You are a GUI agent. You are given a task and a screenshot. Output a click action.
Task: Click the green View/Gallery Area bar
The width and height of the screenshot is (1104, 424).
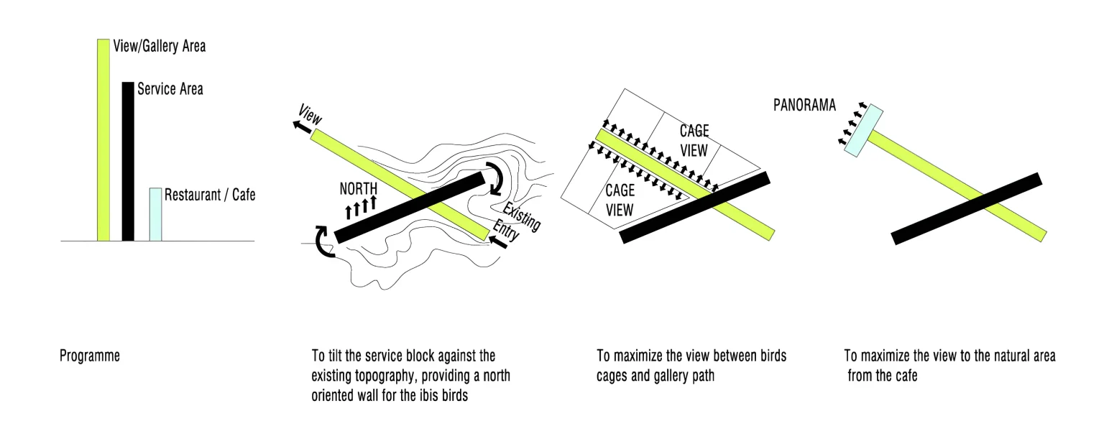103,140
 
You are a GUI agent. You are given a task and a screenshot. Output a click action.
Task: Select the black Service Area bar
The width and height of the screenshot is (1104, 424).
128,161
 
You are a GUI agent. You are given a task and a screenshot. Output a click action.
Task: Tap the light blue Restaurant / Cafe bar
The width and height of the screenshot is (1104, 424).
155,214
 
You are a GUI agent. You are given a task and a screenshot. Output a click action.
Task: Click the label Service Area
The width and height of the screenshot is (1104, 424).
170,89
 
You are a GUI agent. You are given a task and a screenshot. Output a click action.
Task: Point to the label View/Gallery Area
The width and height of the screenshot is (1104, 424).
159,46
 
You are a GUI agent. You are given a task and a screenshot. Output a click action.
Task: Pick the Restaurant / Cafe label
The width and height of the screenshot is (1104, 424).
210,195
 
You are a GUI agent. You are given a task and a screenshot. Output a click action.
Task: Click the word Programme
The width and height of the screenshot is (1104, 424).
90,356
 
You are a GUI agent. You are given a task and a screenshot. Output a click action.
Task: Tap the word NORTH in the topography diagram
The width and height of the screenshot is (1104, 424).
359,189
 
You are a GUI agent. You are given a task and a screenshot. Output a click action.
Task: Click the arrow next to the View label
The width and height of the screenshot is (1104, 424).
302,126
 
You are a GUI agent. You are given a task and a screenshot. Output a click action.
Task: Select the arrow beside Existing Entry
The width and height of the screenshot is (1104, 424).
498,242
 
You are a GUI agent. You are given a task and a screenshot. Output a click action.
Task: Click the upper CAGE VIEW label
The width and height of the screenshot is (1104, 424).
694,141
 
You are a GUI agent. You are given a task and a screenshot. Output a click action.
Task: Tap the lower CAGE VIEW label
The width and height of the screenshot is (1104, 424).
620,201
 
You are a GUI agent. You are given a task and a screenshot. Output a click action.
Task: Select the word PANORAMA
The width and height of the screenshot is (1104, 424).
804,105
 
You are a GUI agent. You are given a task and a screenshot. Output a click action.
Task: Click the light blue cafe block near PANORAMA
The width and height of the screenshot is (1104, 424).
863,131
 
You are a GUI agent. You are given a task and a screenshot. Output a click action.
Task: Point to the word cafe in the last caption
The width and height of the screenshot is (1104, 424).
907,376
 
